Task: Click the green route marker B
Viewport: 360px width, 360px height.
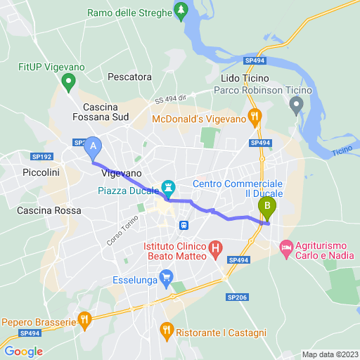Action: tap(267, 207)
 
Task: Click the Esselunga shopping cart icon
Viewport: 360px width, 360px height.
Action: tap(166, 276)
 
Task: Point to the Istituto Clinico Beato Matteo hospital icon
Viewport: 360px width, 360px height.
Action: tap(215, 247)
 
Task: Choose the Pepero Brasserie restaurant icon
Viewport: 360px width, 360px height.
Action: tap(85, 320)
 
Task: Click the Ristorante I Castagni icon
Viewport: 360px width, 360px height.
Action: tap(167, 328)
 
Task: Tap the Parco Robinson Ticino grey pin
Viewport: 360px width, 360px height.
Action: tap(297, 105)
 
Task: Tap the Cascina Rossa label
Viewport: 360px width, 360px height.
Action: tap(49, 210)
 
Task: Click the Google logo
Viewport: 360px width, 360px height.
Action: tap(23, 352)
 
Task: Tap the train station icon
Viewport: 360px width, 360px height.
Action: tap(184, 225)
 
